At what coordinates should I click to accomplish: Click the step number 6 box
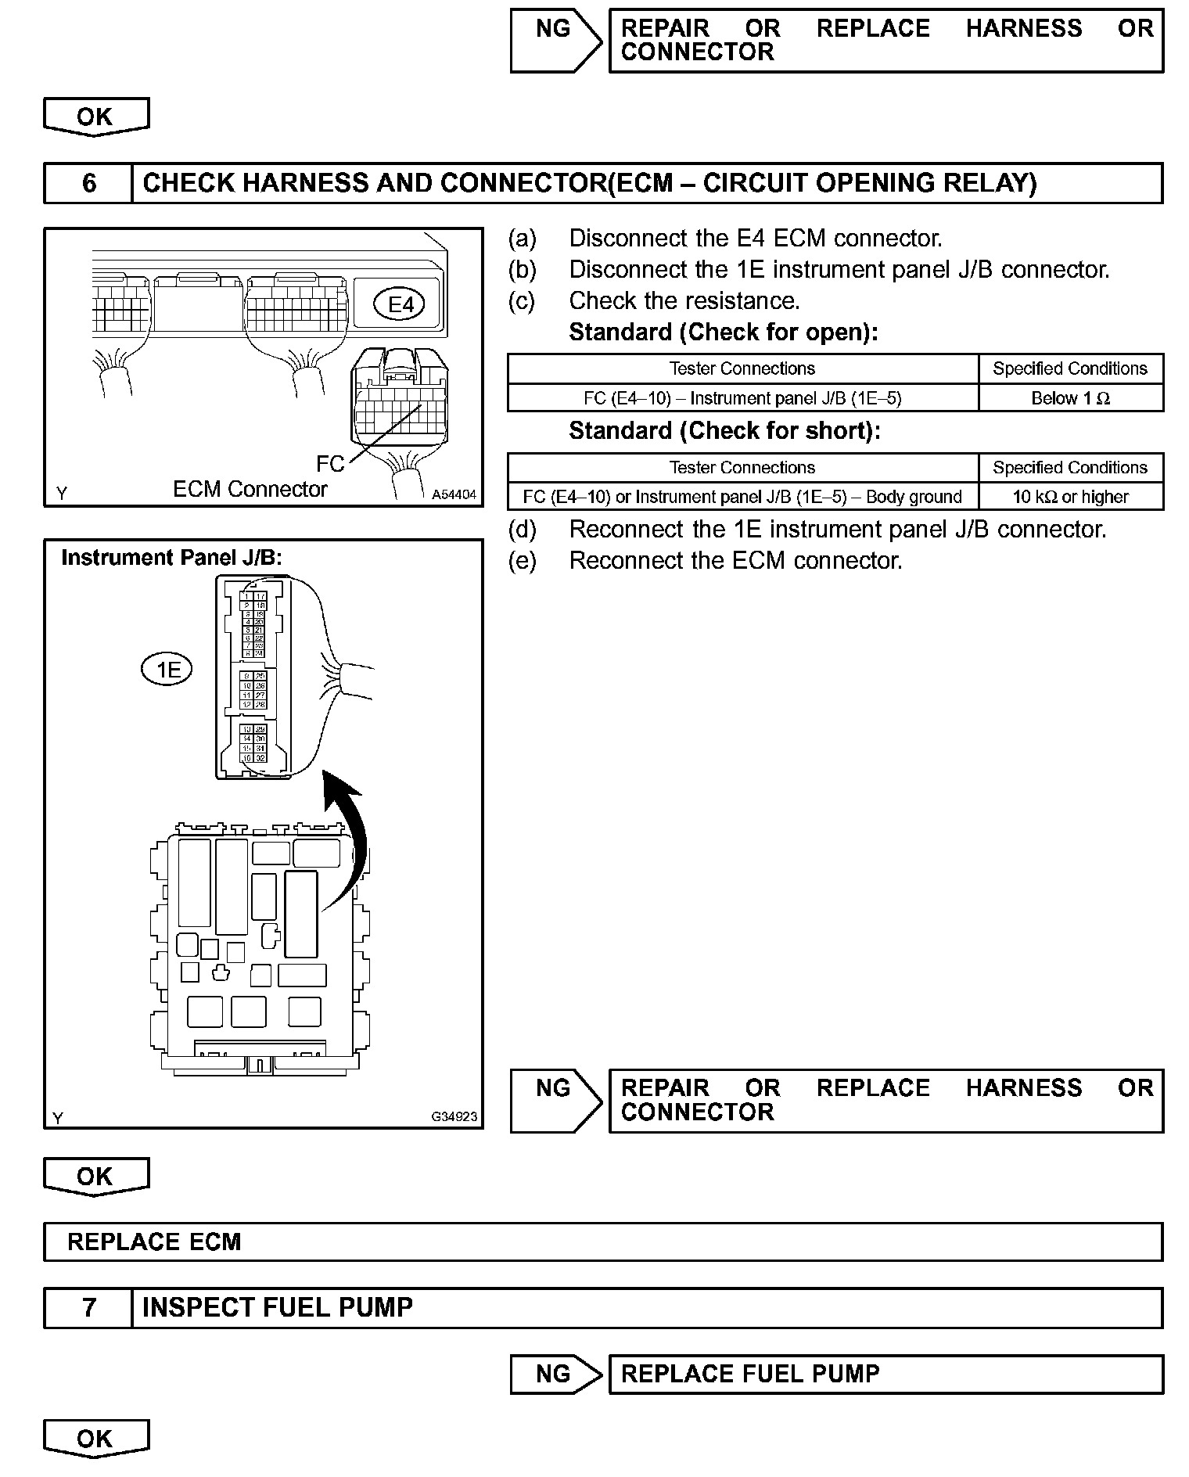point(88,183)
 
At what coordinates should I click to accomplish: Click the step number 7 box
point(88,1307)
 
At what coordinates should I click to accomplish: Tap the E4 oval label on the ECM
point(401,304)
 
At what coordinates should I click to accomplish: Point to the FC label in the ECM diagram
point(330,464)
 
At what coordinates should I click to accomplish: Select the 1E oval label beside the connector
point(167,670)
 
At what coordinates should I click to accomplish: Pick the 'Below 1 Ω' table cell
point(1070,398)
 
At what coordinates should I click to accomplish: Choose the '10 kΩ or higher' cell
point(1070,497)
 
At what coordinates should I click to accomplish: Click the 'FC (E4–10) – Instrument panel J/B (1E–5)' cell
point(742,398)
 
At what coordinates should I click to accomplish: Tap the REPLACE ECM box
point(602,1242)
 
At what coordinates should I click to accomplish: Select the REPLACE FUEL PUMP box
point(885,1374)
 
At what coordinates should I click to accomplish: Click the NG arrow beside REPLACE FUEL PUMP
point(555,1374)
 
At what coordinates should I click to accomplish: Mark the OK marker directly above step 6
point(95,117)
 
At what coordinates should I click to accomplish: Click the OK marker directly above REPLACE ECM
point(95,1177)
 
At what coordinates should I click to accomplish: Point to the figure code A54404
point(454,494)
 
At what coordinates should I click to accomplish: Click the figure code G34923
point(454,1116)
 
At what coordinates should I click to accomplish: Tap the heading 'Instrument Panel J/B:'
point(171,558)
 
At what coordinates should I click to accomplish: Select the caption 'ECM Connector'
point(250,490)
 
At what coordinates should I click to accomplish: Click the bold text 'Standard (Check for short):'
point(724,431)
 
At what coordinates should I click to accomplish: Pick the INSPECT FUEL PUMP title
point(278,1307)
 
